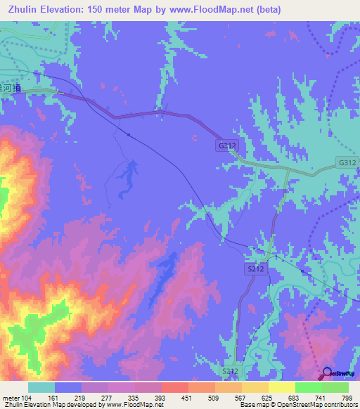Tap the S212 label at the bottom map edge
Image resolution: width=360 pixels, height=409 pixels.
(x=230, y=370)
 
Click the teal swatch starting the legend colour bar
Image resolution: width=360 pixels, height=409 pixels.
(x=41, y=387)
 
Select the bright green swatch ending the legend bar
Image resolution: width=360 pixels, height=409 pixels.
(x=335, y=387)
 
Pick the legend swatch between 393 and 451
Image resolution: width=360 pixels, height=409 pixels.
(x=175, y=387)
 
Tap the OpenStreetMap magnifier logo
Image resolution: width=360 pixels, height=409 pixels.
(x=326, y=373)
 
